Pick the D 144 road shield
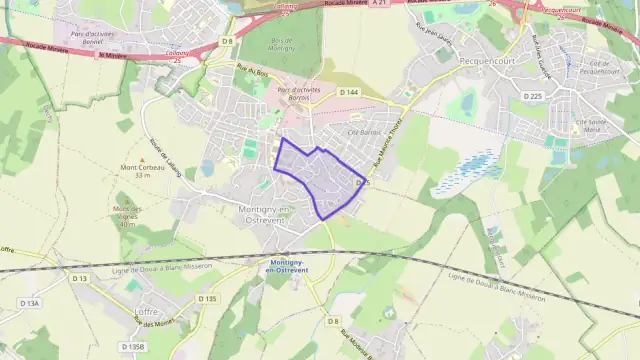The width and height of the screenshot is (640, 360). click(x=348, y=92)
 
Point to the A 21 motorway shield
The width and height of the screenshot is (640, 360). click(x=378, y=4)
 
